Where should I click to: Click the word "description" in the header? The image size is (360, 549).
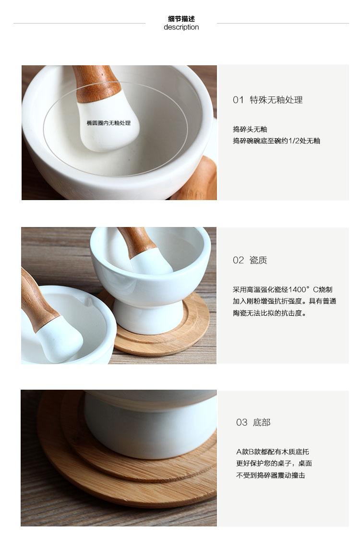click(x=181, y=27)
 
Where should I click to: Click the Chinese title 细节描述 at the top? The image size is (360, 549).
click(x=181, y=19)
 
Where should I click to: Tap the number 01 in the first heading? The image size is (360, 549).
click(x=238, y=100)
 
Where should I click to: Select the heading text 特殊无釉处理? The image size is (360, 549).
click(x=276, y=100)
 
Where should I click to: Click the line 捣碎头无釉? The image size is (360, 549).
click(x=250, y=130)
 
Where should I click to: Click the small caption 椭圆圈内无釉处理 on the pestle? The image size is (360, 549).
click(x=109, y=123)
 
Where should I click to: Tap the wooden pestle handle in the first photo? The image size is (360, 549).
click(x=98, y=83)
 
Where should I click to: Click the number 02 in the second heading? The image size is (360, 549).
click(x=238, y=261)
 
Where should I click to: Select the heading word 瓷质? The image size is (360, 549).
click(x=258, y=261)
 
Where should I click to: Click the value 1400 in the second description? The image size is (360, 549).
click(x=297, y=290)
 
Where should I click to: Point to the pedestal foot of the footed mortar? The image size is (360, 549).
click(x=148, y=317)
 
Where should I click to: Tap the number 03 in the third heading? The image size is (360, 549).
click(x=241, y=423)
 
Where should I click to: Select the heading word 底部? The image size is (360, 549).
click(x=262, y=423)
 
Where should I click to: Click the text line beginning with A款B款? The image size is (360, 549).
click(x=273, y=452)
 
